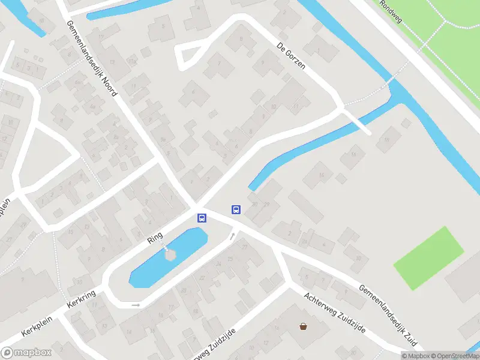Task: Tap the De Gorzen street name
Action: [x=292, y=56]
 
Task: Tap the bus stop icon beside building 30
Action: [x=236, y=209]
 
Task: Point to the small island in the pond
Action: [x=170, y=254]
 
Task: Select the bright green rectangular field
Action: [x=429, y=258]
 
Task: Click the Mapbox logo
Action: [x=26, y=353]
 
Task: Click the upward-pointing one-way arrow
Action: [x=232, y=236]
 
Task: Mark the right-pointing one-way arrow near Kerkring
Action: [x=136, y=305]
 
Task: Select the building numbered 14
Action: [x=322, y=175]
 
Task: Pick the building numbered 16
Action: [x=353, y=155]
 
